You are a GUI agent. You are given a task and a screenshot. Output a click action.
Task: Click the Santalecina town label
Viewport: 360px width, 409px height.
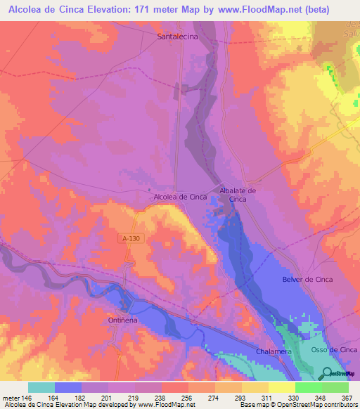pyautogui.click(x=177, y=35)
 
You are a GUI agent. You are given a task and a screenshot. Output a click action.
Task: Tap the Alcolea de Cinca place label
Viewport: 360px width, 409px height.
pyautogui.click(x=180, y=197)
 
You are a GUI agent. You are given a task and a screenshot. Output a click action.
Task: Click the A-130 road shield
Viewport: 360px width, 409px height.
pyautogui.click(x=127, y=239)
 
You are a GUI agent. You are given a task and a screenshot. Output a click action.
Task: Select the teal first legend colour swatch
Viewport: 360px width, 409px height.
pyautogui.click(x=41, y=387)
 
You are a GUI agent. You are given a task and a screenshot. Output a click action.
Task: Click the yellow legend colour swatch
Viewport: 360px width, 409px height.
pyautogui.click(x=281, y=387)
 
